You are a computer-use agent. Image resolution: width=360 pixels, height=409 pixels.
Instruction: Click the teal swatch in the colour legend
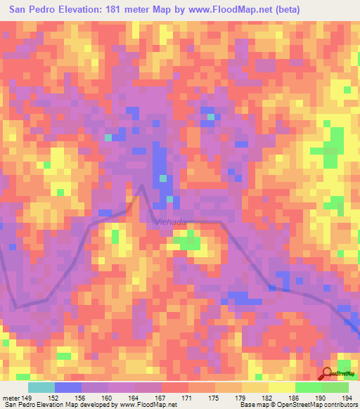41,387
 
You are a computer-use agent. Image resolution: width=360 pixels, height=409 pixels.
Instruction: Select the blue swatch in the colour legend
68,387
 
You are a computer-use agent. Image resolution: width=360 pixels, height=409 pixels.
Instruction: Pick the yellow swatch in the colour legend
281,387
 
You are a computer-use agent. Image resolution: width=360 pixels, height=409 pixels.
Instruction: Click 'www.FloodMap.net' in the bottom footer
147,405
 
